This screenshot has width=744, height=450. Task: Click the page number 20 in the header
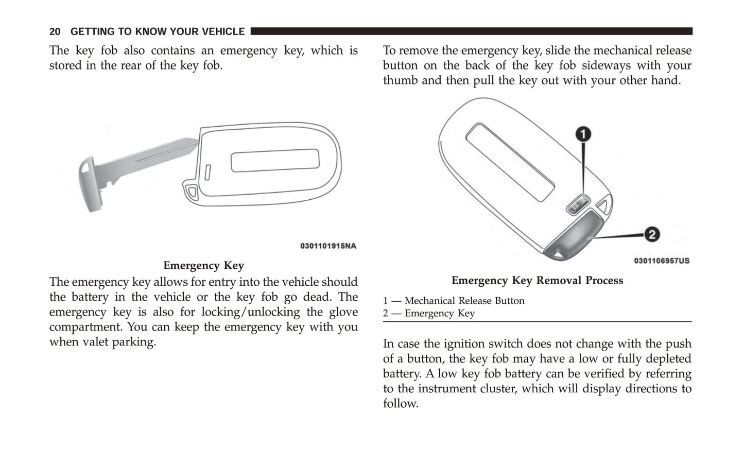tap(55, 32)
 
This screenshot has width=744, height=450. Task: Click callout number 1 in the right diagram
tap(583, 134)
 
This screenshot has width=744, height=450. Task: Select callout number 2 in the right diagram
tap(651, 235)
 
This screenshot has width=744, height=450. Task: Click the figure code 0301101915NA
tap(328, 246)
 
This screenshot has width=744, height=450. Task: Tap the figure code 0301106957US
tap(661, 261)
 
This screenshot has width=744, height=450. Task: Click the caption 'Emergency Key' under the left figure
tap(203, 266)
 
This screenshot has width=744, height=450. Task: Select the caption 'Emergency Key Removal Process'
tap(537, 281)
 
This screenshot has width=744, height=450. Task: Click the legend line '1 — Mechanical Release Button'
tap(453, 301)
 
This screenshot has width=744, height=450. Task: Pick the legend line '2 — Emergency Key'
tap(428, 313)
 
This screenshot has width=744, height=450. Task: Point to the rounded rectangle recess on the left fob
tap(275, 161)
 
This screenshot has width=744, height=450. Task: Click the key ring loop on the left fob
tap(192, 192)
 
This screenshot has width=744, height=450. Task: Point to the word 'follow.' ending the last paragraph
tap(401, 404)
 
